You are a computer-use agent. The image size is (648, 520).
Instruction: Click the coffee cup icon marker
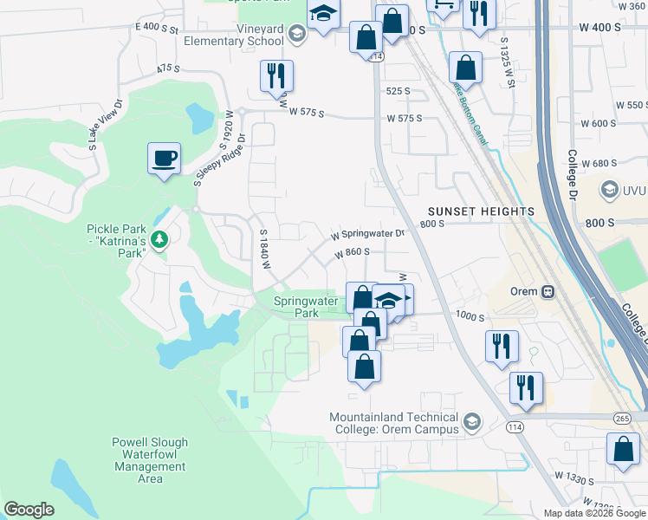coord(164,159)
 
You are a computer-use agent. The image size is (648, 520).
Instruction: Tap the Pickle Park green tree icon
coord(159,238)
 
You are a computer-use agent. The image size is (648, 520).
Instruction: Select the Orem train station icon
coord(548,292)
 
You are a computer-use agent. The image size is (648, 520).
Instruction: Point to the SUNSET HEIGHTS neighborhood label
coord(481,211)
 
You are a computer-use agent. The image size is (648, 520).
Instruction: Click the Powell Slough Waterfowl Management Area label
coord(150,460)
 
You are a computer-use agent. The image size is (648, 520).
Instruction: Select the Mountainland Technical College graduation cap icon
coord(472,422)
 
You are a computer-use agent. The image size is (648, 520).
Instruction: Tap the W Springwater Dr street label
coord(367,234)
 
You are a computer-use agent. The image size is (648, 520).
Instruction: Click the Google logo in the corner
coord(29,510)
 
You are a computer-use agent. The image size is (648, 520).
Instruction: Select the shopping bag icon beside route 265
coord(623,450)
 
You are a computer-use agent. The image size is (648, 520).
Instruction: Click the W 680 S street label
coord(598,163)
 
